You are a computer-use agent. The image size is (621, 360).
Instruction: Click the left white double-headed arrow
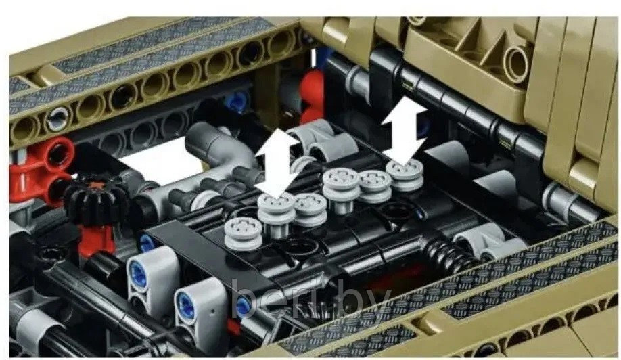[277, 162]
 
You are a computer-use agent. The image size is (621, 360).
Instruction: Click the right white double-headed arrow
[404, 131]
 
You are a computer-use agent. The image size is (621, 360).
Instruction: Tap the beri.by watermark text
[311, 298]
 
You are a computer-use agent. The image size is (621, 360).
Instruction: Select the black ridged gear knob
[96, 201]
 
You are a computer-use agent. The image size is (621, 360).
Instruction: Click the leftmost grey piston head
[243, 233]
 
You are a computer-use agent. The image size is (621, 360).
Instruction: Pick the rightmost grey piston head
[405, 175]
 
